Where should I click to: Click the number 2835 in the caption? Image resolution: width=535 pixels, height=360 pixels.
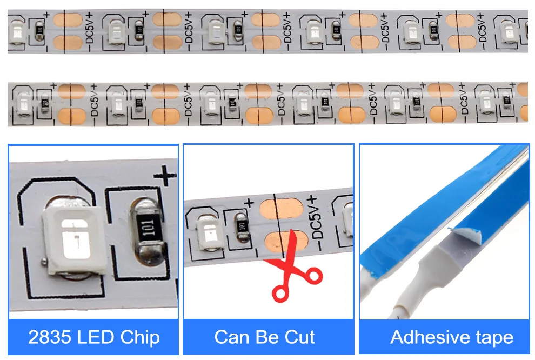point(50,337)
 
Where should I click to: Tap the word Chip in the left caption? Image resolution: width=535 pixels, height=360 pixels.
point(140,337)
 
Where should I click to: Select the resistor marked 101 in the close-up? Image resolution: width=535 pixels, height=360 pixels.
point(146,233)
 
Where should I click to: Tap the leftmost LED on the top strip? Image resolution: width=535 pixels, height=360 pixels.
point(15,31)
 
